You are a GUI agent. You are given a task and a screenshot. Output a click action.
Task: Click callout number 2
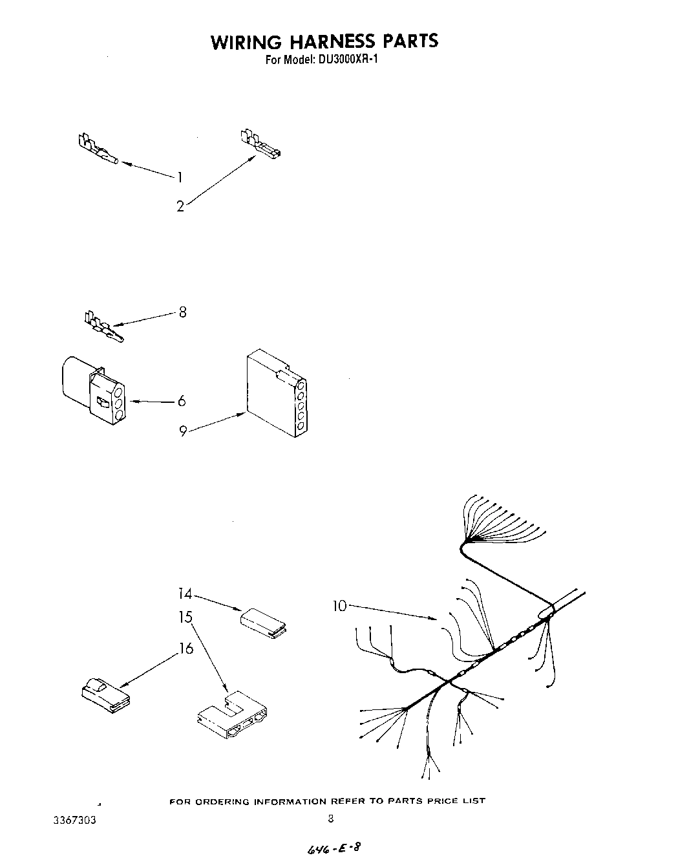pyautogui.click(x=180, y=207)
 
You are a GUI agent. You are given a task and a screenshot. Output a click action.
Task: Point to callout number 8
pyautogui.click(x=182, y=312)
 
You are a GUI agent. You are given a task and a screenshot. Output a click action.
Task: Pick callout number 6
pyautogui.click(x=182, y=402)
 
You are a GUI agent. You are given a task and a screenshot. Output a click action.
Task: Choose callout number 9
pyautogui.click(x=183, y=431)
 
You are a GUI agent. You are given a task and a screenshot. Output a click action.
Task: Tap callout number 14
pyautogui.click(x=185, y=593)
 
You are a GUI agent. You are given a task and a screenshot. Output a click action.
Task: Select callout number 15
pyautogui.click(x=185, y=618)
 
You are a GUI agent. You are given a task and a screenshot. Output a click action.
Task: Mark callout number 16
pyautogui.click(x=186, y=649)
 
